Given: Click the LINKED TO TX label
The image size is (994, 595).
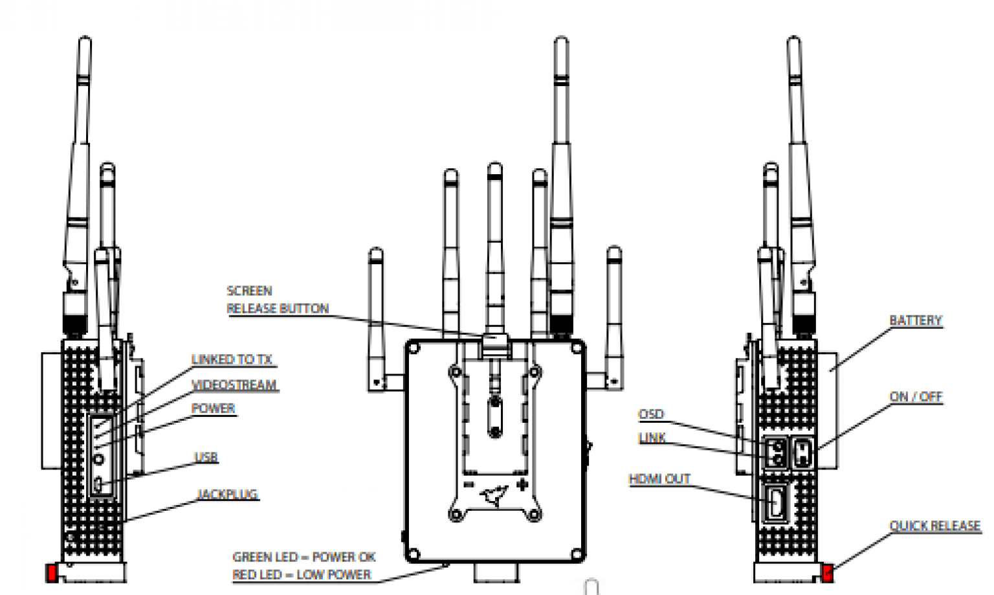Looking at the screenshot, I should (x=232, y=359).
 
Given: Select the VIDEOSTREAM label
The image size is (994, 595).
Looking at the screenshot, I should (x=234, y=385).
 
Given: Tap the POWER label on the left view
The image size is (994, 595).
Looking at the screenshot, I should (x=213, y=409).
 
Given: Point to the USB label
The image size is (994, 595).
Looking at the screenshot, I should (x=206, y=457).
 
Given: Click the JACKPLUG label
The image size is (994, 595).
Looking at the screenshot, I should (x=227, y=495).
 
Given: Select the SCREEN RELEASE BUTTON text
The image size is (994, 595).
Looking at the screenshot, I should (x=277, y=300).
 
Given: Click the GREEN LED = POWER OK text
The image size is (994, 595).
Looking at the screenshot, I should (x=304, y=557).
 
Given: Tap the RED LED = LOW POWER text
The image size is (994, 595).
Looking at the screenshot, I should (x=302, y=575).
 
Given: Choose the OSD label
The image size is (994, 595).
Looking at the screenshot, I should (x=651, y=414).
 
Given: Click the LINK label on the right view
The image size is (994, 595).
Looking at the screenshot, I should (x=652, y=438).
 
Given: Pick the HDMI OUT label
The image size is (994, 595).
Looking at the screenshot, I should (x=659, y=479).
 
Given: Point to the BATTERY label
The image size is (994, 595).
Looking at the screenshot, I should (x=915, y=320).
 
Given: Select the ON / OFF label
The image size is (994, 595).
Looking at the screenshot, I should (x=916, y=397).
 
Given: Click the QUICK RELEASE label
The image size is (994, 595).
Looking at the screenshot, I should (x=934, y=526).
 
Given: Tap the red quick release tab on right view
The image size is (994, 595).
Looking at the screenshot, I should (x=827, y=572).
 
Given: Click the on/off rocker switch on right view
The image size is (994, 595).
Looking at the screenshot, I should (x=802, y=453).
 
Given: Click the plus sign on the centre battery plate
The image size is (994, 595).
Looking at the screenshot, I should (x=522, y=484).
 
